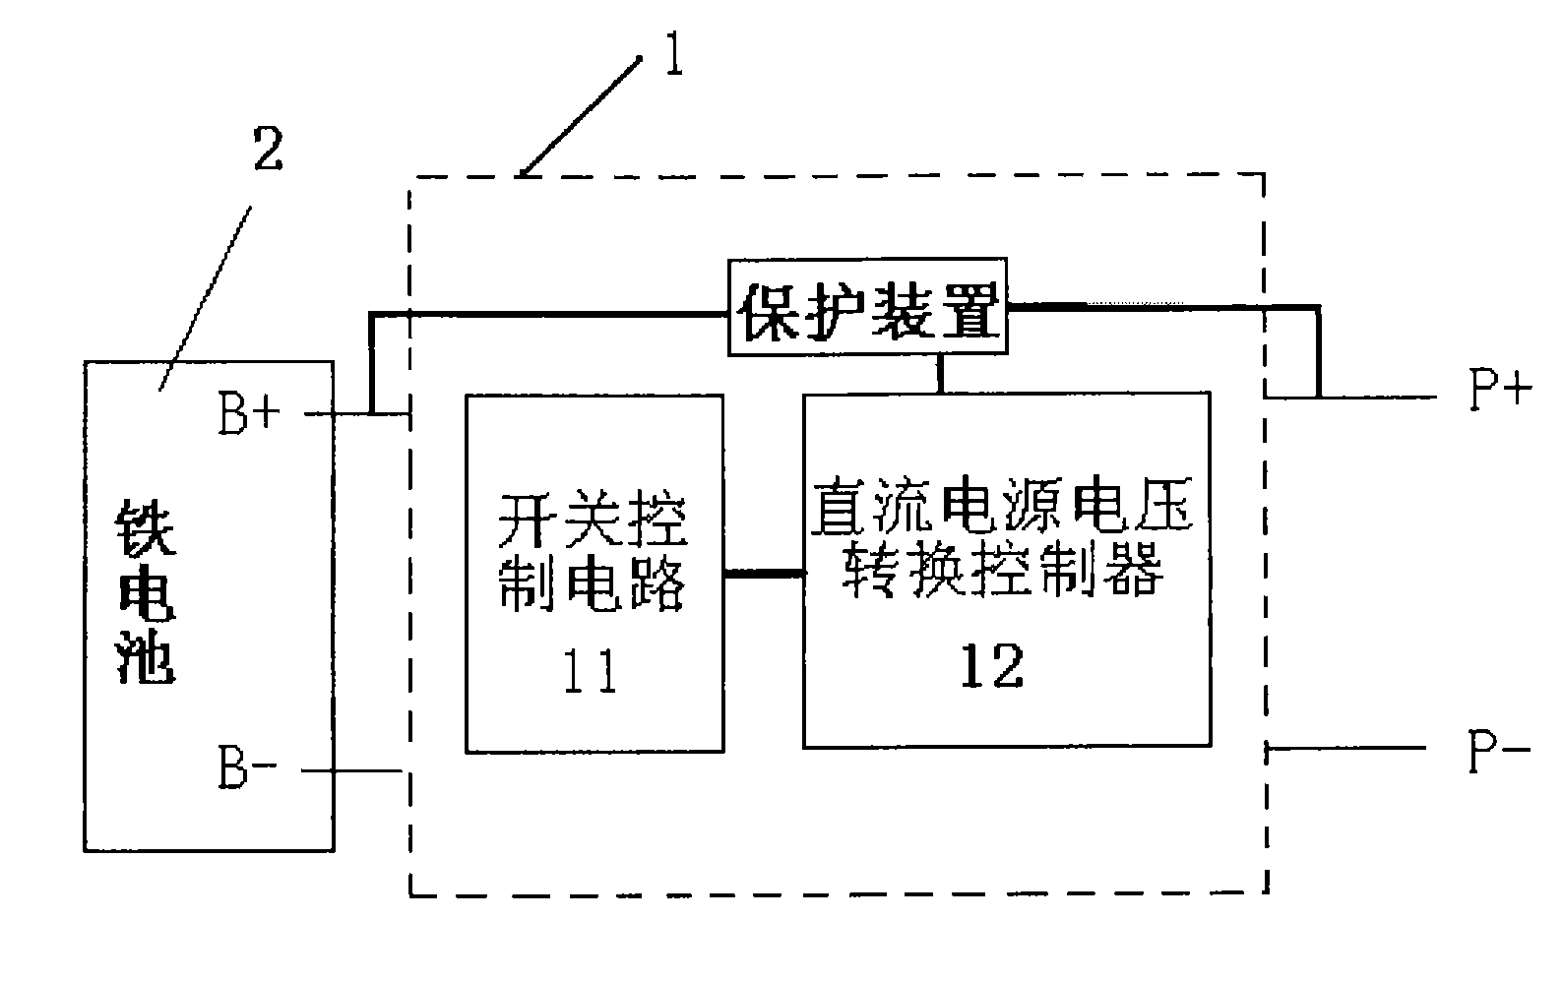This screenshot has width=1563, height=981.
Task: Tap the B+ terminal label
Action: (249, 413)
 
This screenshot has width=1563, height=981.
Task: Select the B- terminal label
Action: (247, 767)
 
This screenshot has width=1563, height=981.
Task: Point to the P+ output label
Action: (1500, 390)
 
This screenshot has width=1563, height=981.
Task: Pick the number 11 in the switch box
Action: (591, 671)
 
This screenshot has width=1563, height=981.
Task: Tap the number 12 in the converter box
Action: (992, 665)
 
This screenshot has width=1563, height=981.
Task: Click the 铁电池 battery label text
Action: (145, 590)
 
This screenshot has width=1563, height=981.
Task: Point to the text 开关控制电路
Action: (593, 553)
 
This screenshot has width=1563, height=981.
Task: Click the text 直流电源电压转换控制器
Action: (1002, 536)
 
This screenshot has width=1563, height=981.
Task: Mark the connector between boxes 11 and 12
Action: (764, 574)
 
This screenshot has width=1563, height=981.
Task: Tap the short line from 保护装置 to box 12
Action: (941, 374)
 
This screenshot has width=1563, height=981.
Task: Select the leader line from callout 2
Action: (205, 298)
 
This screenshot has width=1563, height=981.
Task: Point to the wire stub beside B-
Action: (351, 771)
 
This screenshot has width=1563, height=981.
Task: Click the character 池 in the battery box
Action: (145, 656)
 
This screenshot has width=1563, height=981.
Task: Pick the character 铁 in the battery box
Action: (145, 527)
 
